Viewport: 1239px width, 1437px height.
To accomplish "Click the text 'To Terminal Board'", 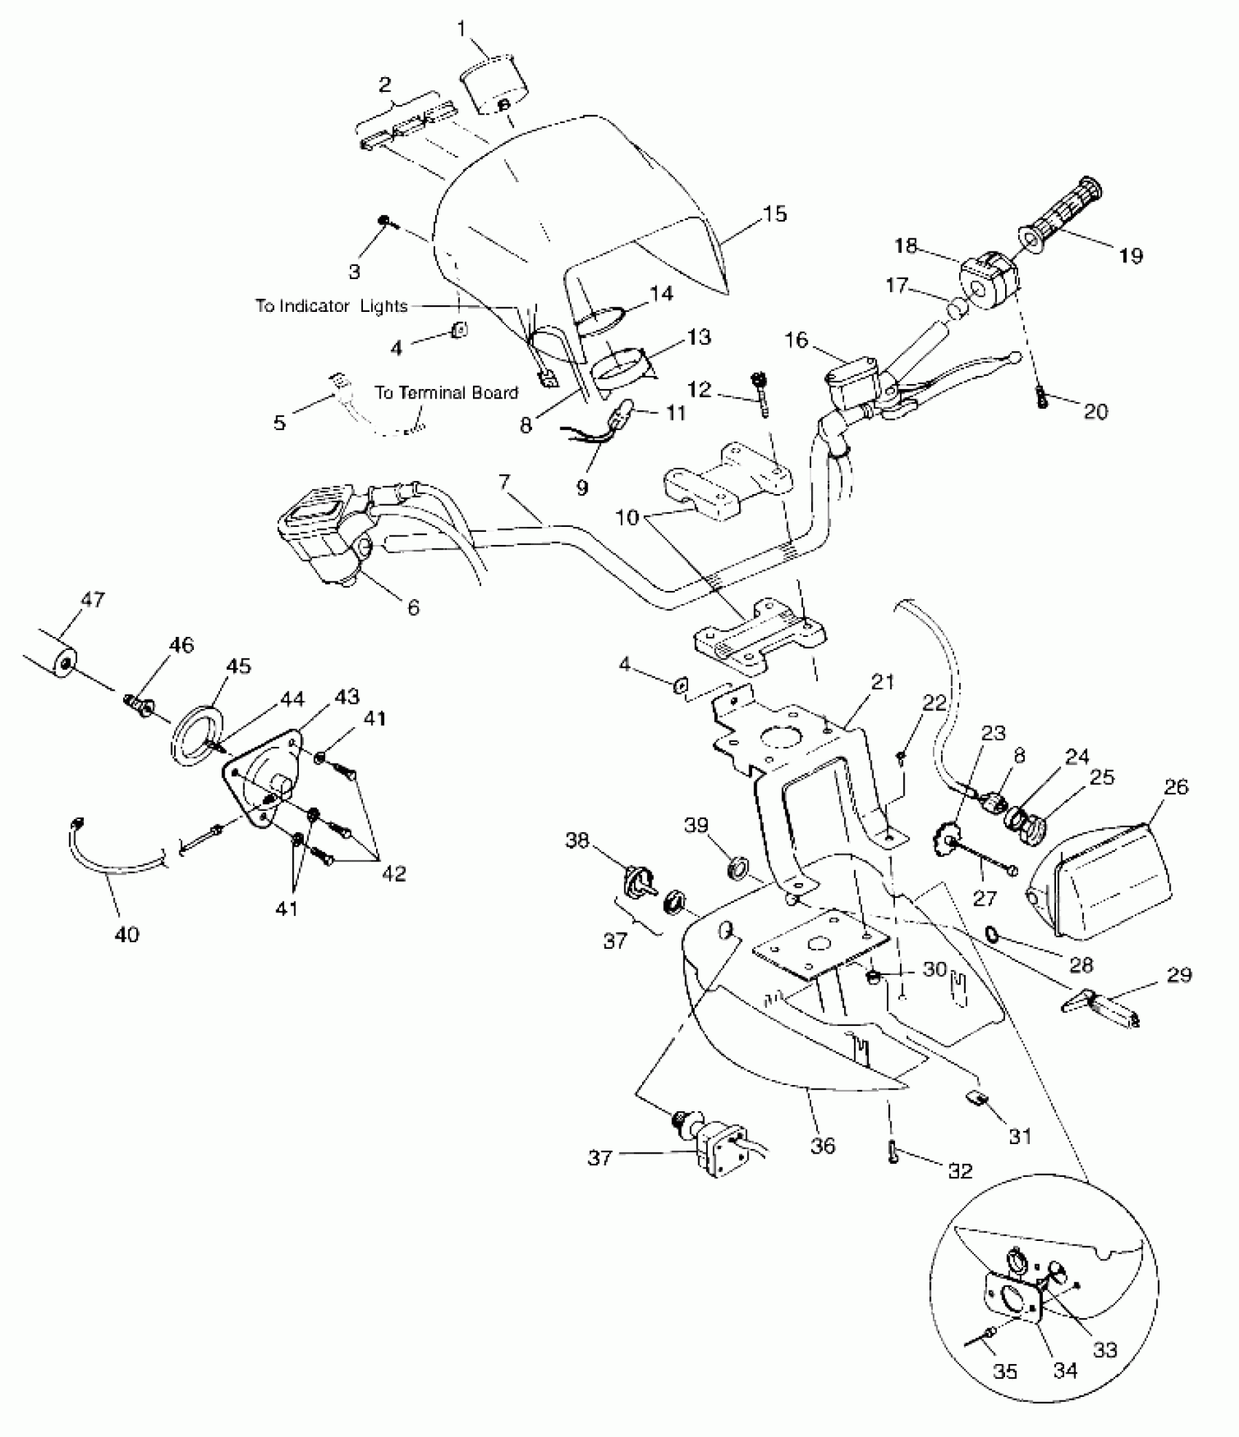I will coord(446,393).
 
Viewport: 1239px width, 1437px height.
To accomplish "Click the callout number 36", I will coord(824,1146).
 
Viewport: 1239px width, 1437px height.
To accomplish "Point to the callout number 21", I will coord(882,682).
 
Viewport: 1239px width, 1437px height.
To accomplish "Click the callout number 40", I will coord(127,934).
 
